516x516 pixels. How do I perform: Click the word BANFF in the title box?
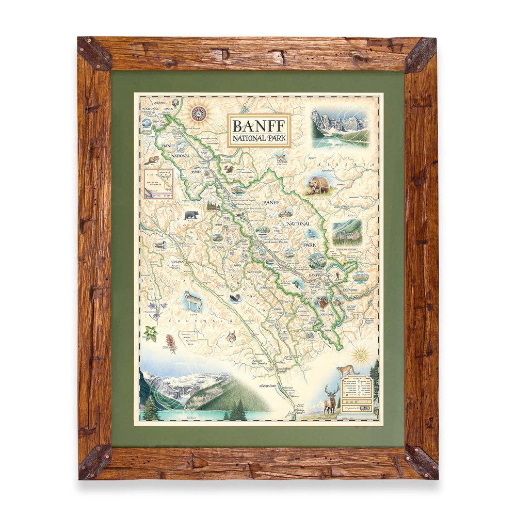(259, 125)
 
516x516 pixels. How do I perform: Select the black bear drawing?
(191, 214)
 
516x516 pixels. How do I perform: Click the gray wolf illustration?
(193, 300)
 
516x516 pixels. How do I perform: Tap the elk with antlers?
(331, 398)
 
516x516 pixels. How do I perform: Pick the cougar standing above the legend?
(347, 370)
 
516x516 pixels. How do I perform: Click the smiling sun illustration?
(360, 356)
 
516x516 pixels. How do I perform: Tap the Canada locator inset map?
(158, 183)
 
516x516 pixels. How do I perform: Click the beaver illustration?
(152, 160)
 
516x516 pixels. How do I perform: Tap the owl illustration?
(281, 158)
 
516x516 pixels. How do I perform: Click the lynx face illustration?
(231, 337)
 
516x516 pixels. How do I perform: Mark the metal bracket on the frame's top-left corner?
(94, 53)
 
